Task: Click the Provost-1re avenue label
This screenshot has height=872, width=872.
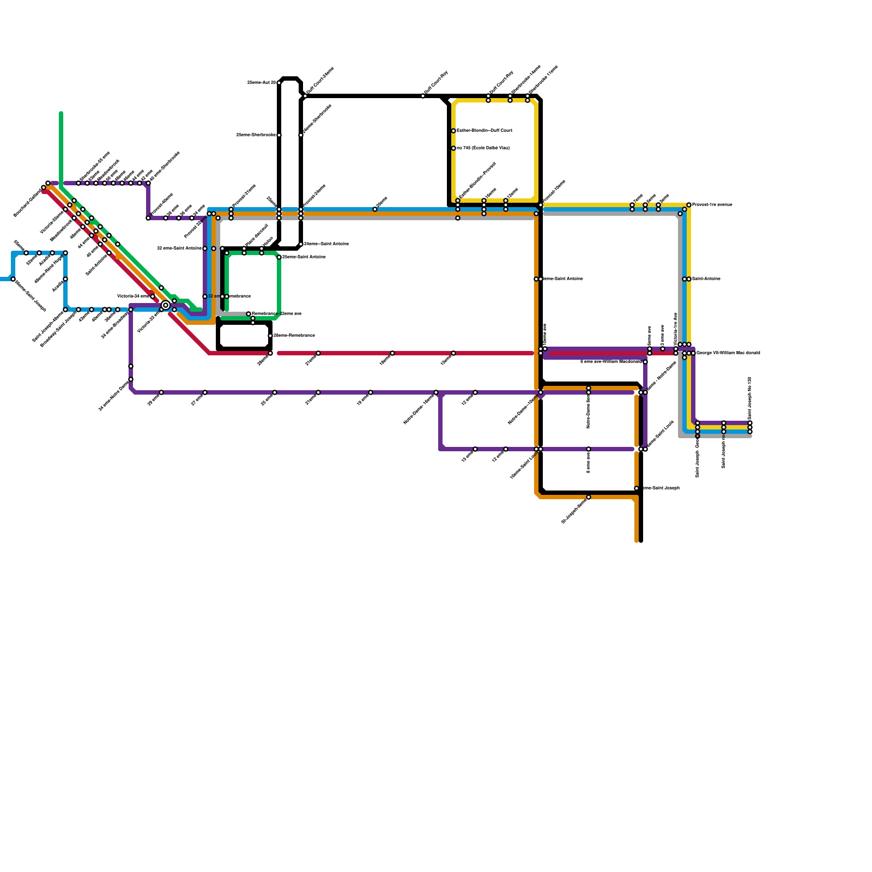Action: pos(712,205)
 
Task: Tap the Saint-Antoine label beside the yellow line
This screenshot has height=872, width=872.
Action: pos(706,279)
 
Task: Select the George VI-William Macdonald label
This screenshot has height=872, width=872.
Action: pos(728,353)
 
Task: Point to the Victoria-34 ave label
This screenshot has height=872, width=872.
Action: pos(133,296)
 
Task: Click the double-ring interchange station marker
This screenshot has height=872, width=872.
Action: pos(166,305)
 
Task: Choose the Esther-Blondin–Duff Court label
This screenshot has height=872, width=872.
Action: pos(484,131)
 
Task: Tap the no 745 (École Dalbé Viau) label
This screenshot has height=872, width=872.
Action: pos(483,148)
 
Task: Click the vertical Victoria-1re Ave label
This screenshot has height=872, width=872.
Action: pos(676,329)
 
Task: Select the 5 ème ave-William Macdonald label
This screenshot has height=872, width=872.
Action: pos(610,361)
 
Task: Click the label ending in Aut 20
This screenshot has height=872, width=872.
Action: pos(262,83)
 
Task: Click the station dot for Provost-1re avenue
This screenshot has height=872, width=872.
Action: pos(689,205)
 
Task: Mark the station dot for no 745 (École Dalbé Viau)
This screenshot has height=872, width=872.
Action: pos(453,148)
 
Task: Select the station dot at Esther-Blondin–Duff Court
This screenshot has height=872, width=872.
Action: pos(453,131)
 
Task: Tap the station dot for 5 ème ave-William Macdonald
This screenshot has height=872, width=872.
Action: pos(645,362)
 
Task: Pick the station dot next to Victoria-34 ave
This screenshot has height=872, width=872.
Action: pos(153,296)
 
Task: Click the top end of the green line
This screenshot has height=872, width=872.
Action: pos(61,113)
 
